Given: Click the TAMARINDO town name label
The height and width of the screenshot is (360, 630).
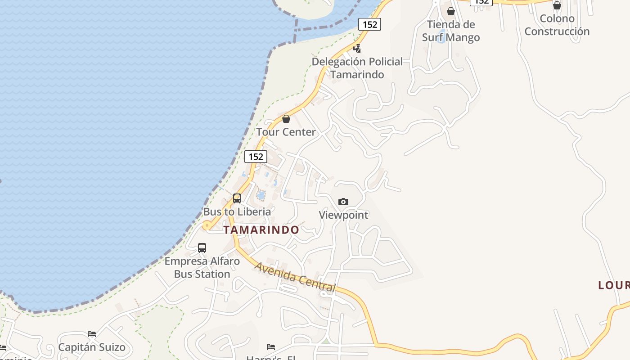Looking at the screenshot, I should pyautogui.click(x=261, y=230).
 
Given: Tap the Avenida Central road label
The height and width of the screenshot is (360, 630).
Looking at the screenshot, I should pyautogui.click(x=295, y=277).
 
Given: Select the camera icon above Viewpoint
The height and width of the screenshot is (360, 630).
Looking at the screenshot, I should pyautogui.click(x=343, y=202).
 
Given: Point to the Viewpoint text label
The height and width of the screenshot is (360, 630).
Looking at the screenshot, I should pyautogui.click(x=343, y=215).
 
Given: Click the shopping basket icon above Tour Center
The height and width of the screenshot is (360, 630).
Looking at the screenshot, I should pyautogui.click(x=286, y=119).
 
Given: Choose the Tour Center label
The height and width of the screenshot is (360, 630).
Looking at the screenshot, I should pyautogui.click(x=286, y=132).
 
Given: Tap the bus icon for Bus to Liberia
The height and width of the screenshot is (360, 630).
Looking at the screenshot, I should pyautogui.click(x=237, y=198).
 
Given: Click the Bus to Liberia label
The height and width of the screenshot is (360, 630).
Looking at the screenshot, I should pyautogui.click(x=237, y=211).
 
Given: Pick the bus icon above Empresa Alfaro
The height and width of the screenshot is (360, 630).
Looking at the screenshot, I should pyautogui.click(x=202, y=247).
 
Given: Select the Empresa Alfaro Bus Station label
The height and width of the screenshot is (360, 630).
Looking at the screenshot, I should pyautogui.click(x=202, y=267).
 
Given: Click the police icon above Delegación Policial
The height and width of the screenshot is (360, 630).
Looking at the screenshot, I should pyautogui.click(x=357, y=48).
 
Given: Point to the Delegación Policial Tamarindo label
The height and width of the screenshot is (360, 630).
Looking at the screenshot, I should pyautogui.click(x=357, y=68).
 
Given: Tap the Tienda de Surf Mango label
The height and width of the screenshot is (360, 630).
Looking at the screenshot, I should pyautogui.click(x=451, y=31).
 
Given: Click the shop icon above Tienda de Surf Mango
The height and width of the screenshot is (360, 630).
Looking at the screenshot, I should pyautogui.click(x=451, y=11).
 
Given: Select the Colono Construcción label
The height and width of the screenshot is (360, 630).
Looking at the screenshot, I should pyautogui.click(x=557, y=25).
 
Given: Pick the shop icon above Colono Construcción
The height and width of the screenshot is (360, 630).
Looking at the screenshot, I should pyautogui.click(x=557, y=5).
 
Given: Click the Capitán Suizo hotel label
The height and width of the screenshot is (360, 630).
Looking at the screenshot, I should pyautogui.click(x=92, y=347).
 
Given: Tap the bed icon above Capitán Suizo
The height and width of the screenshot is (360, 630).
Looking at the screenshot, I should pyautogui.click(x=92, y=334).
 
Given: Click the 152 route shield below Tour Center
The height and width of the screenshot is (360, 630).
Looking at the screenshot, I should pyautogui.click(x=256, y=157).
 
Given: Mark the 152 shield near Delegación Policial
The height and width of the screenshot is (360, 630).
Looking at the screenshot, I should pyautogui.click(x=369, y=24).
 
